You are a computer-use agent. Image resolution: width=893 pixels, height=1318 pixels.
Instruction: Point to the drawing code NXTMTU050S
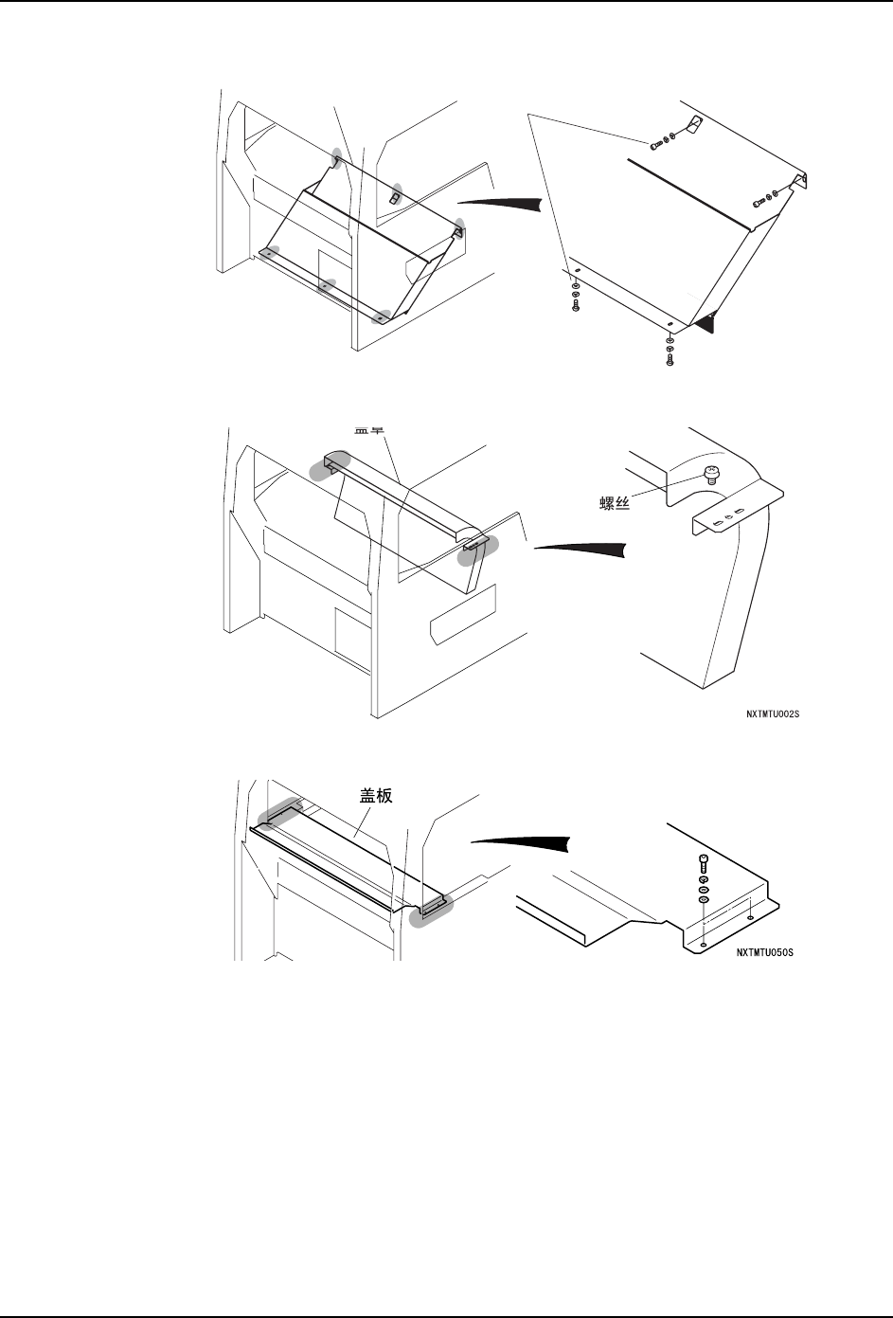pos(764,954)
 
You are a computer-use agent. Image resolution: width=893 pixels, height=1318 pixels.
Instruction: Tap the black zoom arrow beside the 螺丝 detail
pos(581,550)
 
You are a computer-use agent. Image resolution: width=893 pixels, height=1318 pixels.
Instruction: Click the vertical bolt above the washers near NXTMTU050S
pos(703,862)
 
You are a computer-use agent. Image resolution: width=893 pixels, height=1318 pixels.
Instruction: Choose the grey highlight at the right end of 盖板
pos(431,909)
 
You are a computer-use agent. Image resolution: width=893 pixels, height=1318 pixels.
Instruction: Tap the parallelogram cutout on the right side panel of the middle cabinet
pos(463,613)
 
